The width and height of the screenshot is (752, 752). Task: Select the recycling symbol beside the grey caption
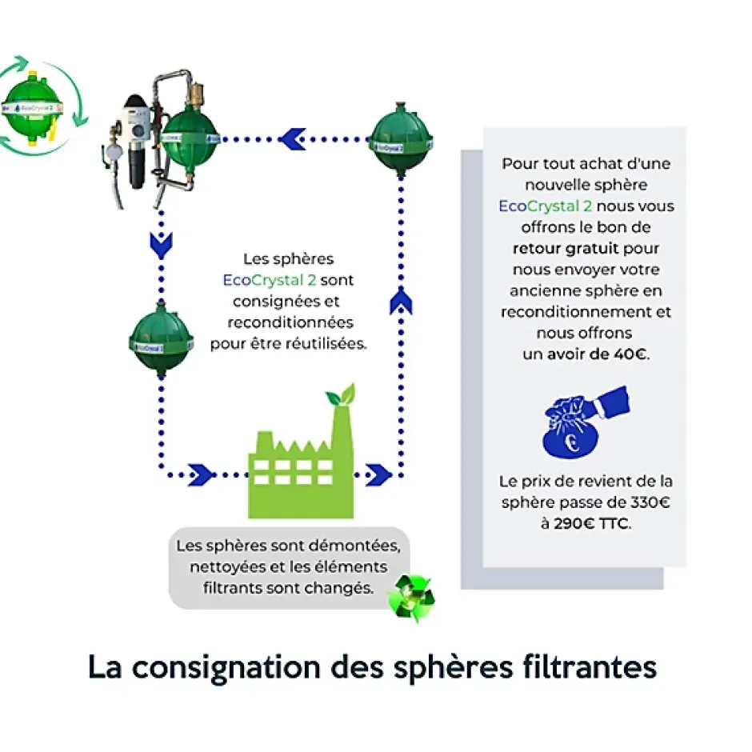(x=410, y=597)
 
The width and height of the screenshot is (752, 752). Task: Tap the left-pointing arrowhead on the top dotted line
(x=292, y=139)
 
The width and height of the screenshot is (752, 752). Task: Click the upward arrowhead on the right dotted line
(x=400, y=302)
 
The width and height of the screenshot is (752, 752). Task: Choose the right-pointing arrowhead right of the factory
(x=378, y=474)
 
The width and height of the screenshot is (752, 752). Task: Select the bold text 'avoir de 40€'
(x=598, y=354)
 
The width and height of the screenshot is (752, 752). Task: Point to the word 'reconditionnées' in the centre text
(x=290, y=322)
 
